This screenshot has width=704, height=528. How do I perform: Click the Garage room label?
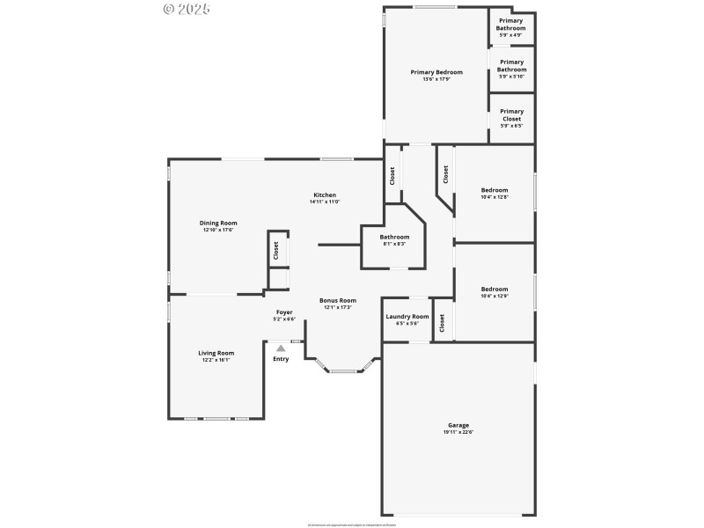458,425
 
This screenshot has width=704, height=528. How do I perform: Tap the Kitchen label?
325,195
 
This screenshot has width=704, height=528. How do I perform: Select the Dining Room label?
218,224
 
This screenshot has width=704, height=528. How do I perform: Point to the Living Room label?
216,353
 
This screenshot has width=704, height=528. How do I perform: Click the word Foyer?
284,312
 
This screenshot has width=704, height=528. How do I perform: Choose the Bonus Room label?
337,300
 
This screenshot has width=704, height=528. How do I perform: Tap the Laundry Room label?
407,317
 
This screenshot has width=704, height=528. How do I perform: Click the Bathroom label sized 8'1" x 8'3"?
394,237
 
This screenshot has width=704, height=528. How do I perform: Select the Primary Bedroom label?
436,72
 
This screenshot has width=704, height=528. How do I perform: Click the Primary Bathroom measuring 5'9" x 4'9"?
511,24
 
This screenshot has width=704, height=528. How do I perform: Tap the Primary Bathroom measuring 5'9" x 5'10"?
511,66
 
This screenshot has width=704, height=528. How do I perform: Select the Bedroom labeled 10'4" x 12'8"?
494,190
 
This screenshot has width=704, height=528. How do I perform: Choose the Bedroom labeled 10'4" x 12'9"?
494,290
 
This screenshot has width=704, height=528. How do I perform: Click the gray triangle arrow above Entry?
281,348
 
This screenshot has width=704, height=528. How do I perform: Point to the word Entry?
281,359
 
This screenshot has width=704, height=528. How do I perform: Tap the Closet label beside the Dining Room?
275,251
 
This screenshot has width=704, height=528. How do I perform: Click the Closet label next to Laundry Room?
442,323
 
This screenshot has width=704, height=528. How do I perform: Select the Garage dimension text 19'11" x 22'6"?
458,432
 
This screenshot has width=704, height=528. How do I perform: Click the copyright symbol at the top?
170,9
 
